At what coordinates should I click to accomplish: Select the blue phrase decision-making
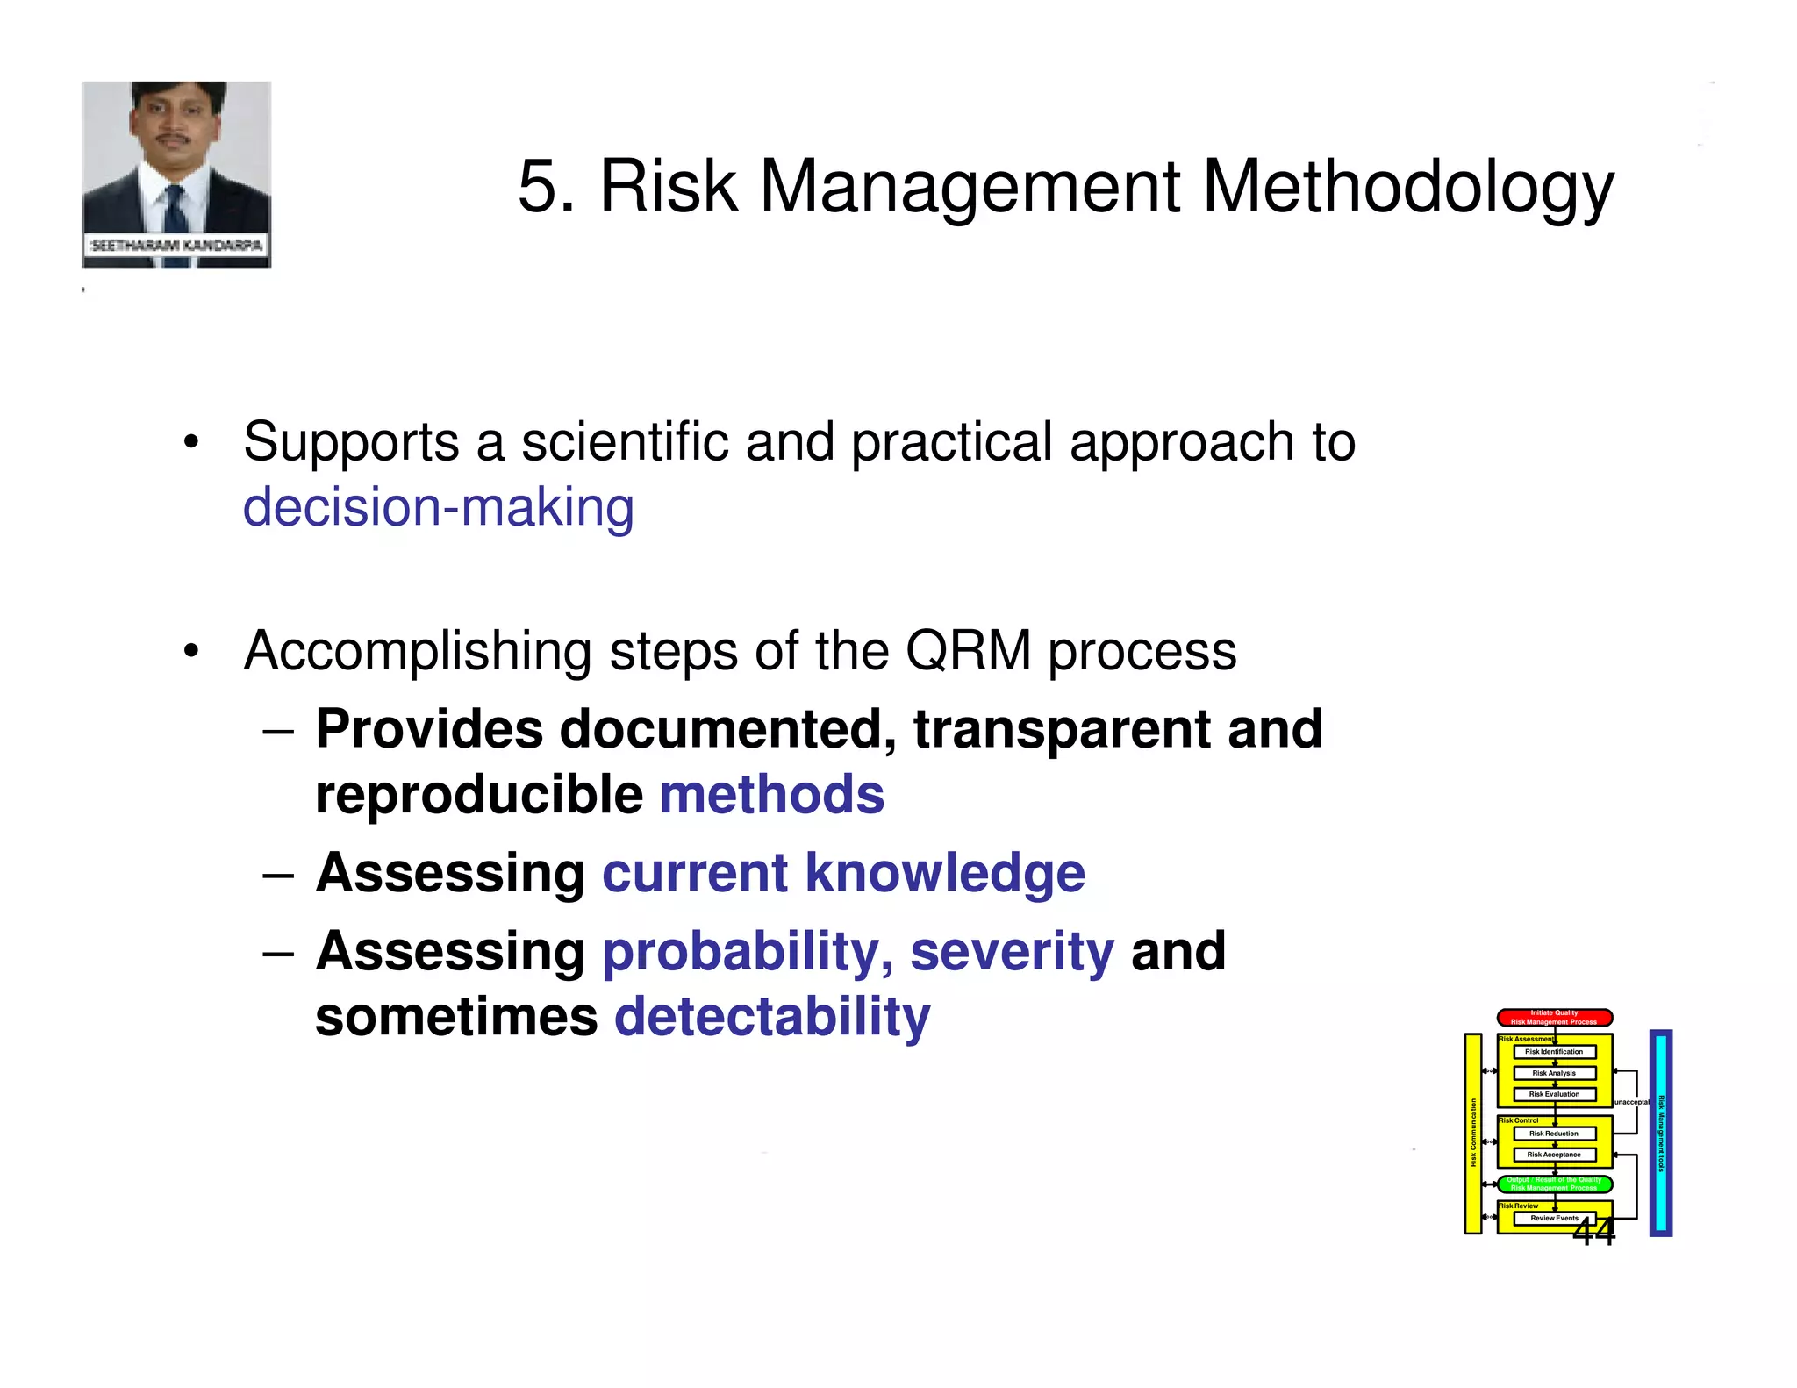[438, 509]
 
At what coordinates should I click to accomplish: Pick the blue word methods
[771, 795]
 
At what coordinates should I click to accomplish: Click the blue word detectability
[771, 1017]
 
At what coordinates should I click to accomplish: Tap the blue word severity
[1011, 951]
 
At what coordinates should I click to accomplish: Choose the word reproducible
[479, 795]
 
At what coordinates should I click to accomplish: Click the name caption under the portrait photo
[176, 245]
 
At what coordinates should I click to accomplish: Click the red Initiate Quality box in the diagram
[1554, 1017]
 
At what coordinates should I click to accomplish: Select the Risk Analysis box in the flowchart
[1554, 1072]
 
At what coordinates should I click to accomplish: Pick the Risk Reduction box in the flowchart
[1554, 1133]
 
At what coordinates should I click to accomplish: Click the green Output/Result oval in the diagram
[1554, 1184]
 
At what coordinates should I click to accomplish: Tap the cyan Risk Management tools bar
[1660, 1133]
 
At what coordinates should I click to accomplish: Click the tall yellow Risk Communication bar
[1473, 1133]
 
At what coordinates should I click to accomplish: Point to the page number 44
[1593, 1232]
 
